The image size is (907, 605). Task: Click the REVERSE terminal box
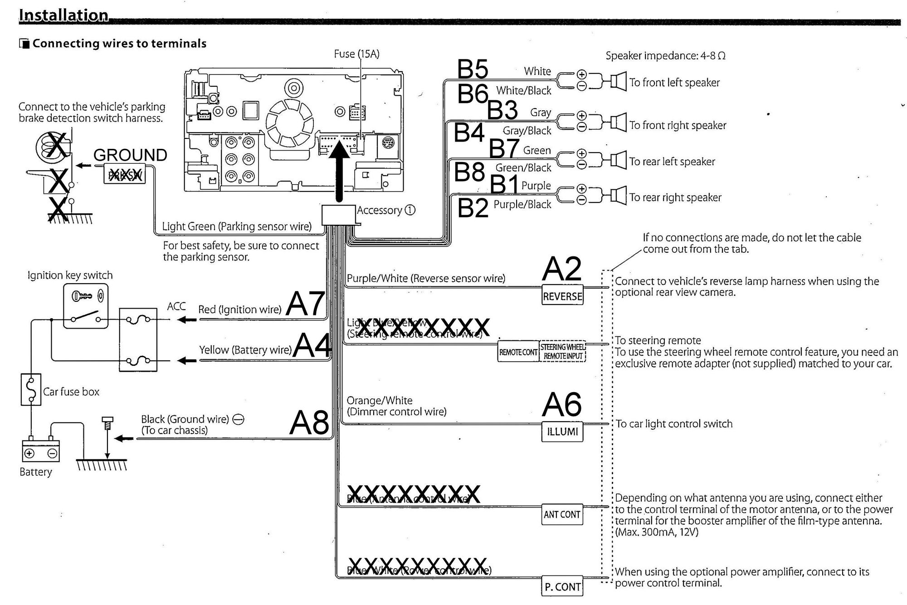click(562, 295)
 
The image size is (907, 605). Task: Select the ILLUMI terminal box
click(562, 431)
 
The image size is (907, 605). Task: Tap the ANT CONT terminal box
click(562, 514)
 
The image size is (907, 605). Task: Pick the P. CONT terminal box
click(562, 586)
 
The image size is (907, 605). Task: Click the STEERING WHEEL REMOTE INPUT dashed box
click(562, 352)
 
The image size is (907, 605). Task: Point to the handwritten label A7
click(306, 304)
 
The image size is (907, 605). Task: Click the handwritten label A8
click(309, 423)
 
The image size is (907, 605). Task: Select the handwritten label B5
click(473, 69)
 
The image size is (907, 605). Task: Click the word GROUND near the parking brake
click(130, 155)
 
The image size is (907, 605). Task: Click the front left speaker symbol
click(618, 82)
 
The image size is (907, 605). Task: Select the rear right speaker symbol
click(618, 196)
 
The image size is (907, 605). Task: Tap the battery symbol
click(41, 451)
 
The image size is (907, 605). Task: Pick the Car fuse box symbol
click(31, 389)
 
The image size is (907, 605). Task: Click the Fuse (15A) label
click(356, 54)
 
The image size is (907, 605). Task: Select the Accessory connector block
click(338, 215)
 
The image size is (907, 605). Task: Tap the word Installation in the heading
click(63, 15)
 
